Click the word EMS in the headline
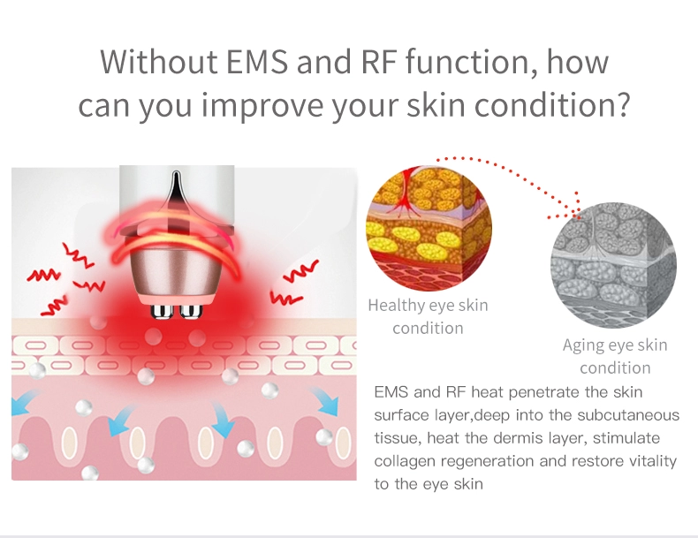257,62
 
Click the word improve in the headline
262,107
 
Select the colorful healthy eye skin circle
429,227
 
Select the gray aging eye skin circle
613,265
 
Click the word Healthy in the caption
396,306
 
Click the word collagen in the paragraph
404,461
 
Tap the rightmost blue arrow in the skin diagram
325,401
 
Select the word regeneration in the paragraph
488,461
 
